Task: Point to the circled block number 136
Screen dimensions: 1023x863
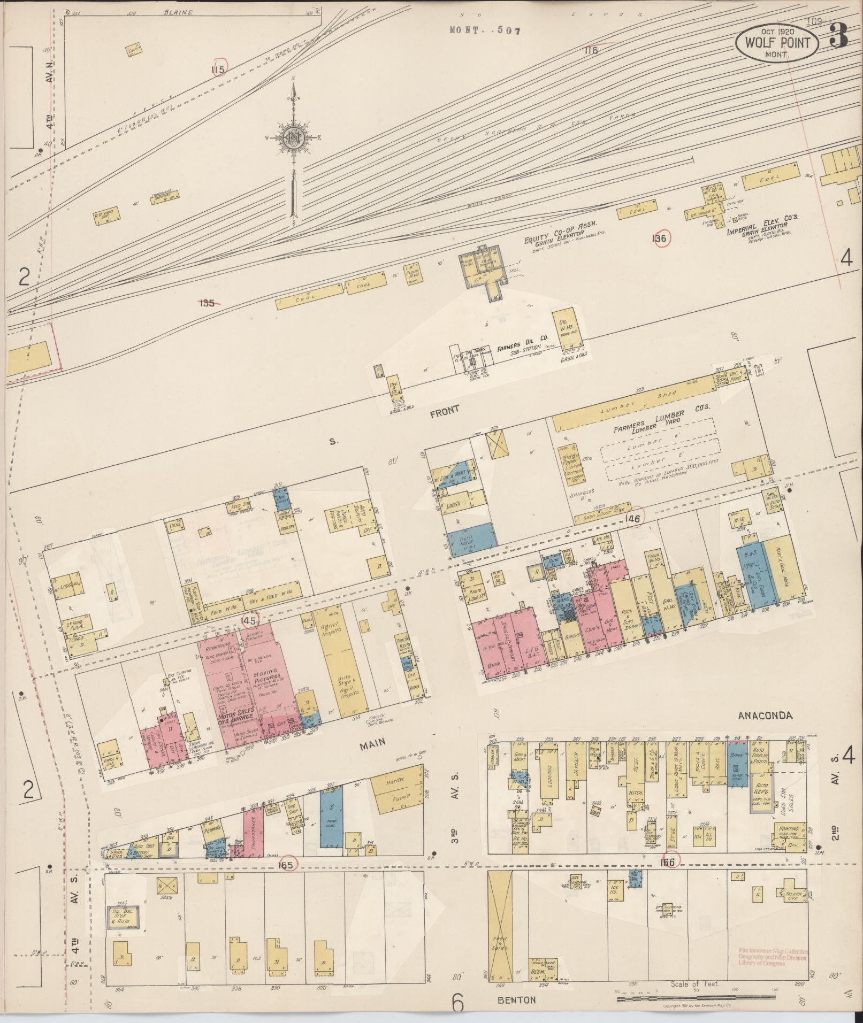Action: click(x=660, y=239)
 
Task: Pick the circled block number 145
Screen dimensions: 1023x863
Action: click(x=249, y=621)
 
